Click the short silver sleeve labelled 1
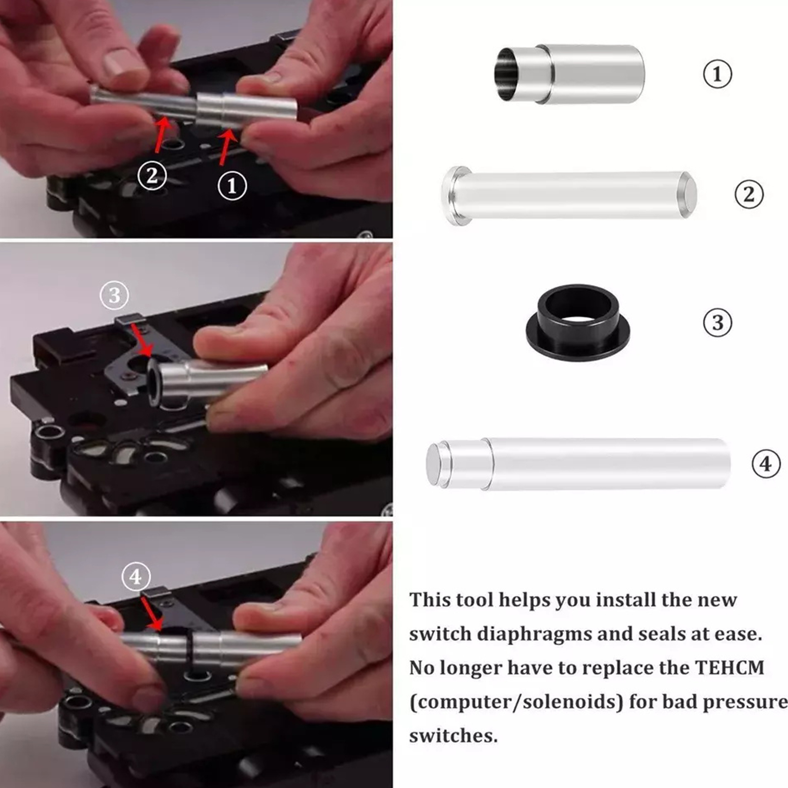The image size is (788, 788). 570,74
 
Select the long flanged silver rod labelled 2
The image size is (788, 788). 569,196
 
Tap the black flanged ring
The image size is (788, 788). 578,322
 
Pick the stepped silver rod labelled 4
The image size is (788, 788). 578,464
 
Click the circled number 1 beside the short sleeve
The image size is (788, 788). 717,74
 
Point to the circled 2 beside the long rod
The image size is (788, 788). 749,195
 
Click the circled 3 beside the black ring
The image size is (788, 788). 718,323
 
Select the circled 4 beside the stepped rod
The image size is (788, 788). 766,464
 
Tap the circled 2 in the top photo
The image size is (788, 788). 152,175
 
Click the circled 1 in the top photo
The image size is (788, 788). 232,186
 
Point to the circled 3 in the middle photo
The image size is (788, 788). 114,295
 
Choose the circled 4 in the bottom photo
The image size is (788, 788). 135,576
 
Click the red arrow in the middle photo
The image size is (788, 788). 142,340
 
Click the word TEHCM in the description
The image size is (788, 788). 729,668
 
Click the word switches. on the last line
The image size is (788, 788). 453,736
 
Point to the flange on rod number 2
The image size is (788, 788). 453,196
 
